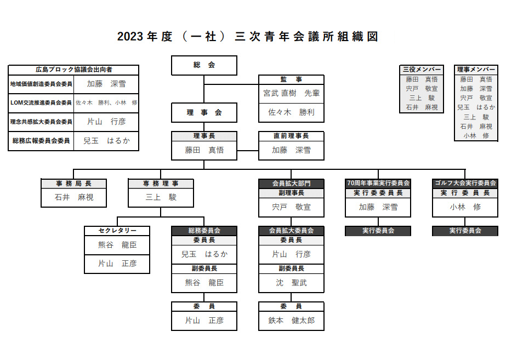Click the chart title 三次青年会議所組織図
[x=248, y=37]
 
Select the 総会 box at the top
[x=204, y=65]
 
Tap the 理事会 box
[x=204, y=113]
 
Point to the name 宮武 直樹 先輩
[x=291, y=93]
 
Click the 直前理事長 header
[x=291, y=136]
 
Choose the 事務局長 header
[x=74, y=184]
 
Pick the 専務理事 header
[x=161, y=184]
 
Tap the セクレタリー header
[x=117, y=231]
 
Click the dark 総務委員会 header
[x=204, y=231]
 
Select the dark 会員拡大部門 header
[x=291, y=184]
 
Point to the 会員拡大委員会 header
[x=291, y=231]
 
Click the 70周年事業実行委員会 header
[x=378, y=184]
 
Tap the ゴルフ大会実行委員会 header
[x=465, y=184]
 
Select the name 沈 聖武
[x=291, y=283]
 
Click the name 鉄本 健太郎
[x=291, y=321]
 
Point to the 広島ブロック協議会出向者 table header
[x=73, y=70]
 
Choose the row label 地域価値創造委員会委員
[x=41, y=84]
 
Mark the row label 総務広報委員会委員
[x=41, y=141]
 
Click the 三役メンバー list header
[x=422, y=70]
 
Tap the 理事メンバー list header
[x=476, y=70]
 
